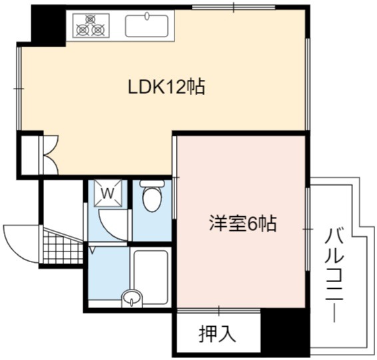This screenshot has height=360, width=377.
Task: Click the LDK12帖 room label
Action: (167, 87)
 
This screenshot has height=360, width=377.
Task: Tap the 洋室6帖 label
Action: (243, 224)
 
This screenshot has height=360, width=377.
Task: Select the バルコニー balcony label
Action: (334, 275)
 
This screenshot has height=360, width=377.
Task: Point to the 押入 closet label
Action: (217, 333)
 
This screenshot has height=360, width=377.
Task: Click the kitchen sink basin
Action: (147, 26)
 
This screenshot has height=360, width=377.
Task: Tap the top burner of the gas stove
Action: (91, 19)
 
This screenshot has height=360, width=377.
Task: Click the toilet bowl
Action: (152, 199)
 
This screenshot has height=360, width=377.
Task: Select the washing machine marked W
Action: (108, 193)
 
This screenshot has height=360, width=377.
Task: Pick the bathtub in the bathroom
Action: (151, 277)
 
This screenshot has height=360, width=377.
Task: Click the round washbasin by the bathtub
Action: (132, 299)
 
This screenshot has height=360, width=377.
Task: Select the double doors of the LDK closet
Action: (50, 155)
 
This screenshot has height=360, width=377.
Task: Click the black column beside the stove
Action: (49, 26)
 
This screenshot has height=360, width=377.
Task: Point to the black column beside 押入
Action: (285, 332)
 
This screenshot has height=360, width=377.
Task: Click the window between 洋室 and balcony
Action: (308, 230)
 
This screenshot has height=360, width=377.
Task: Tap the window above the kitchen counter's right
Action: (234, 7)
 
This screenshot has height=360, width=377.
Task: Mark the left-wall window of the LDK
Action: (19, 89)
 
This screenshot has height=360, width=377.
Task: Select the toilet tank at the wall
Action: (152, 184)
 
